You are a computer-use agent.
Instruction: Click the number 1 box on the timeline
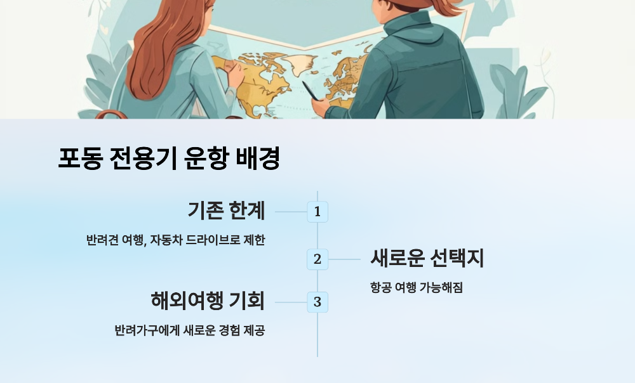click(x=317, y=212)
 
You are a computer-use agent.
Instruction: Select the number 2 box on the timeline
click(x=317, y=259)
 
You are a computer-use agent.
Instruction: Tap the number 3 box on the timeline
click(x=317, y=302)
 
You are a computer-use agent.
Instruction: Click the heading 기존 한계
click(x=226, y=210)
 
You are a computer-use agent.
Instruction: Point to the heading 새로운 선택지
click(x=427, y=258)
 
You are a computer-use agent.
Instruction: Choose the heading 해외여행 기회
click(x=208, y=300)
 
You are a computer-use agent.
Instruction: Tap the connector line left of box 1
click(x=291, y=212)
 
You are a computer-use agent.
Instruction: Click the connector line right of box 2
click(x=344, y=259)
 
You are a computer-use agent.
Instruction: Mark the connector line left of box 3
click(x=291, y=302)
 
